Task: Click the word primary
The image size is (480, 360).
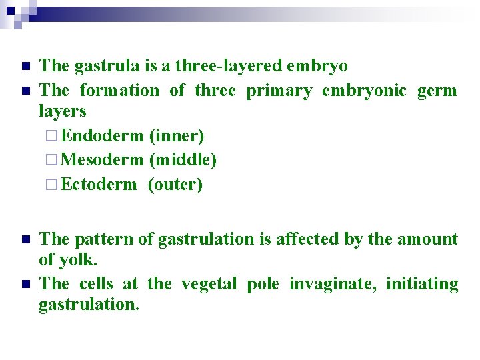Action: coord(279,91)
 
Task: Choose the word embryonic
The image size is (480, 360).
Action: coord(364,90)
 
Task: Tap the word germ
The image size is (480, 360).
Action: coord(437,91)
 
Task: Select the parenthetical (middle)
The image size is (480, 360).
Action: coord(183,160)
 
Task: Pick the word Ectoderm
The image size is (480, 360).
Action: coord(99,185)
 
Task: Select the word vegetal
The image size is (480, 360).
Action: coord(210,283)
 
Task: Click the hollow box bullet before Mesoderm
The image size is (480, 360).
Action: coord(53,161)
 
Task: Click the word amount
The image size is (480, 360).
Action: coord(428,239)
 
